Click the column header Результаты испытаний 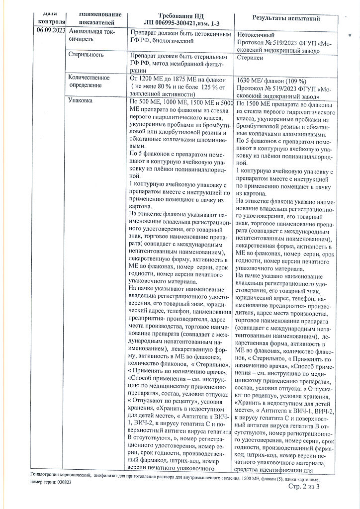[286, 18]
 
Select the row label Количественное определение [89, 82]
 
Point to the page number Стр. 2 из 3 [304, 487]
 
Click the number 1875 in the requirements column [183, 79]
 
